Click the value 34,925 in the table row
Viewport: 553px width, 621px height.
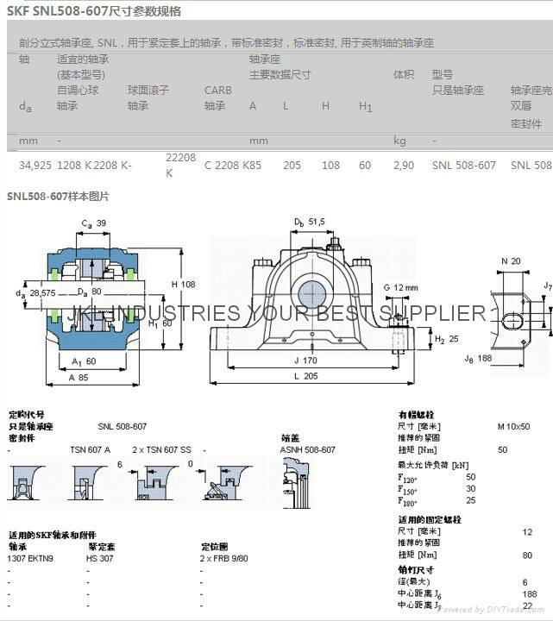pos(35,165)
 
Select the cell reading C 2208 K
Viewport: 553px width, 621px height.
pos(223,165)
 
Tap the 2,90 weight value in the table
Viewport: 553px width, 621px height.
pos(403,165)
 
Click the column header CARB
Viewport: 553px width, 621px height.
pos(217,90)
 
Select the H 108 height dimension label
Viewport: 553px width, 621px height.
pos(184,284)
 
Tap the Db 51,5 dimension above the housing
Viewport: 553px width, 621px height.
pos(308,222)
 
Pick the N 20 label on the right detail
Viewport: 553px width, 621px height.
pos(511,261)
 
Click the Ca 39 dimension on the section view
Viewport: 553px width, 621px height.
pos(94,223)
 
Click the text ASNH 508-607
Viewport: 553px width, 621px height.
pos(308,449)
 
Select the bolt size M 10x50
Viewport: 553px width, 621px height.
pos(514,426)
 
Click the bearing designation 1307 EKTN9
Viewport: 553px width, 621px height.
pos(31,558)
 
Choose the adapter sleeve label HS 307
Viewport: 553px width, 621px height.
pos(99,558)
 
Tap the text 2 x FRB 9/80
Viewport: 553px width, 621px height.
pos(224,558)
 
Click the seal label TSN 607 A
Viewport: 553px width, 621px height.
pos(90,449)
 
